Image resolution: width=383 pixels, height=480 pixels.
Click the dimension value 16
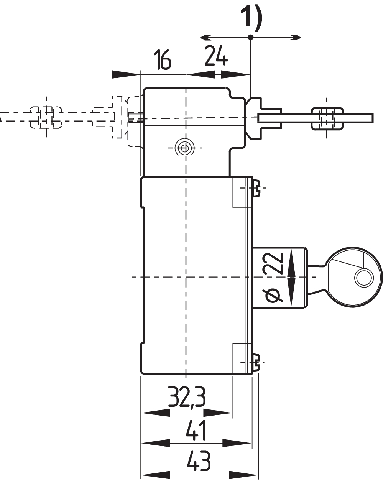pyautogui.click(x=163, y=60)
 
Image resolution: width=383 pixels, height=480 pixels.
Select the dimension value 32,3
pyautogui.click(x=187, y=398)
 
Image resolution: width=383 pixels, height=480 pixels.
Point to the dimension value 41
pyautogui.click(x=196, y=430)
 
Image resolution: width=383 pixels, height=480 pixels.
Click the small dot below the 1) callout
pyautogui.click(x=250, y=37)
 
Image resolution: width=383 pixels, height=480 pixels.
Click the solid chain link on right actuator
pyautogui.click(x=326, y=118)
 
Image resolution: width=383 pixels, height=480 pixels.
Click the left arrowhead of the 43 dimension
pyautogui.click(x=155, y=474)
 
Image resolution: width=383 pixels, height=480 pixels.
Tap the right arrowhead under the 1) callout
pyautogui.click(x=296, y=37)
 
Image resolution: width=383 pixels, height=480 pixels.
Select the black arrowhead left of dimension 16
pyautogui.click(x=125, y=74)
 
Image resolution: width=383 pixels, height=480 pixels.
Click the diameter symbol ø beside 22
pyautogui.click(x=273, y=294)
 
